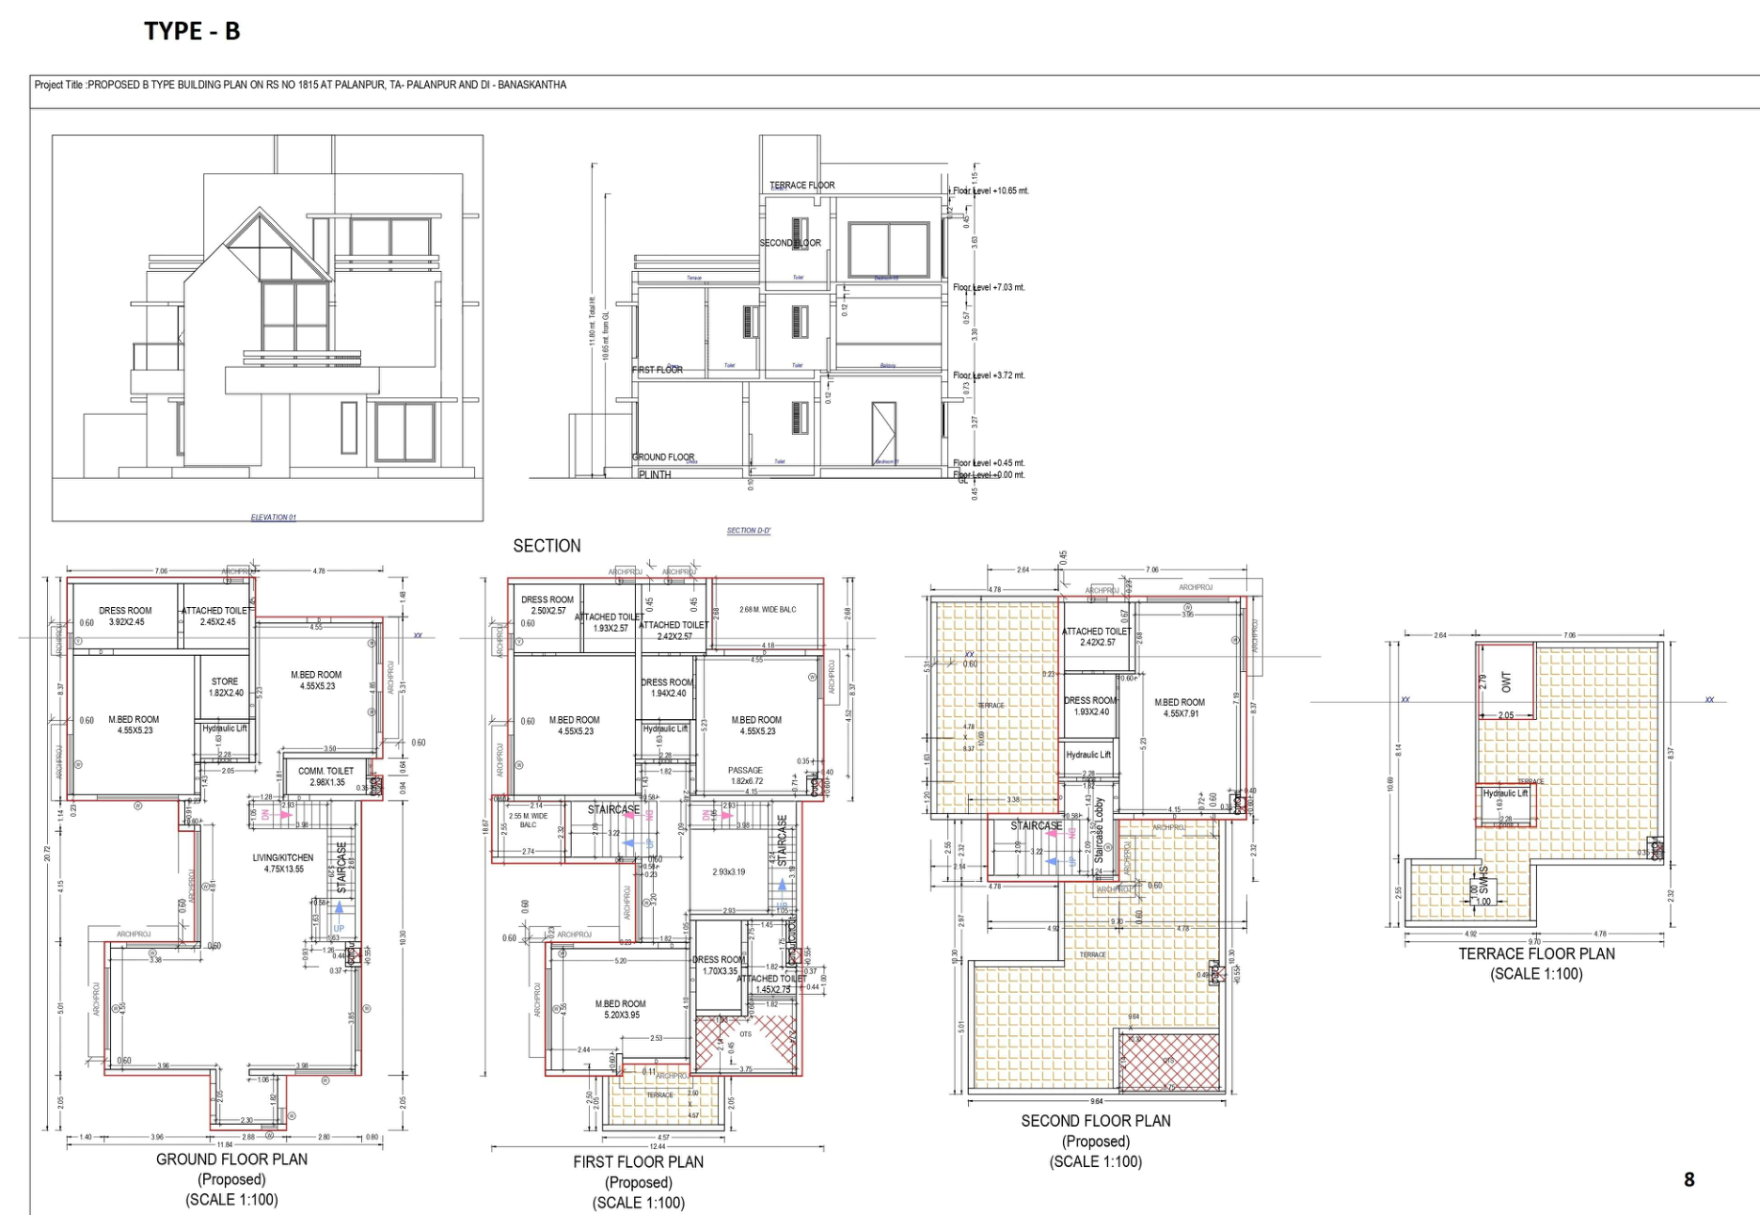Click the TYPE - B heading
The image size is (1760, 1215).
click(x=192, y=31)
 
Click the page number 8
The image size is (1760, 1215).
click(x=1689, y=1179)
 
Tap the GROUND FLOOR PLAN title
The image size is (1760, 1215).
click(x=231, y=1159)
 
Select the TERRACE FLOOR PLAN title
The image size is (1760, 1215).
click(x=1536, y=953)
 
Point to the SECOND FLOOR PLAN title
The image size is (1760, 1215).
click(x=1096, y=1121)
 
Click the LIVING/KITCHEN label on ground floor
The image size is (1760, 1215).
click(x=283, y=863)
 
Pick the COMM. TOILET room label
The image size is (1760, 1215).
click(x=326, y=776)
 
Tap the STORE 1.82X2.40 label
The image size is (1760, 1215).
click(x=225, y=687)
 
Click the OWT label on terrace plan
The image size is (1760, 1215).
click(x=1507, y=682)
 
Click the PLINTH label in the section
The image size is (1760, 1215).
click(x=655, y=475)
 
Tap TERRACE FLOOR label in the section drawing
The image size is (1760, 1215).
click(x=801, y=185)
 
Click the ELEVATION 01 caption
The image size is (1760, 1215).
click(x=273, y=518)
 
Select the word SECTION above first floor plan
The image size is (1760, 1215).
click(x=547, y=546)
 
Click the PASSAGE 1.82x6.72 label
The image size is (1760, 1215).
click(x=745, y=775)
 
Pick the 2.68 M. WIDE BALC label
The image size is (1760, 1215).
click(x=768, y=610)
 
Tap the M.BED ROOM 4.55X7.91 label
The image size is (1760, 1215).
click(x=1180, y=708)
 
